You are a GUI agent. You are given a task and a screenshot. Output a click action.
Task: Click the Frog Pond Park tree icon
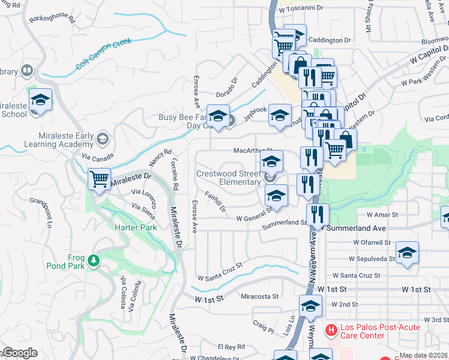coord(92,260)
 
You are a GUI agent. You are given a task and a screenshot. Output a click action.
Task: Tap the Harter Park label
coord(136,227)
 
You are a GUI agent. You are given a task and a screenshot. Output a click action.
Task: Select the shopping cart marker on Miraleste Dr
coord(99,179)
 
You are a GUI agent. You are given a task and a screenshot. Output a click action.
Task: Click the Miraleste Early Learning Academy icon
coord(103,139)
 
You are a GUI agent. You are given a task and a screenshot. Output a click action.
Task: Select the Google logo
coord(19,353)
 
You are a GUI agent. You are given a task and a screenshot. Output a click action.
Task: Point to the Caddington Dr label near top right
coord(330,40)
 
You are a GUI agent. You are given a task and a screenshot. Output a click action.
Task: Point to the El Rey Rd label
coord(231,347)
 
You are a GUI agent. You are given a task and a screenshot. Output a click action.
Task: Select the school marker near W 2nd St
coord(310,306)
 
